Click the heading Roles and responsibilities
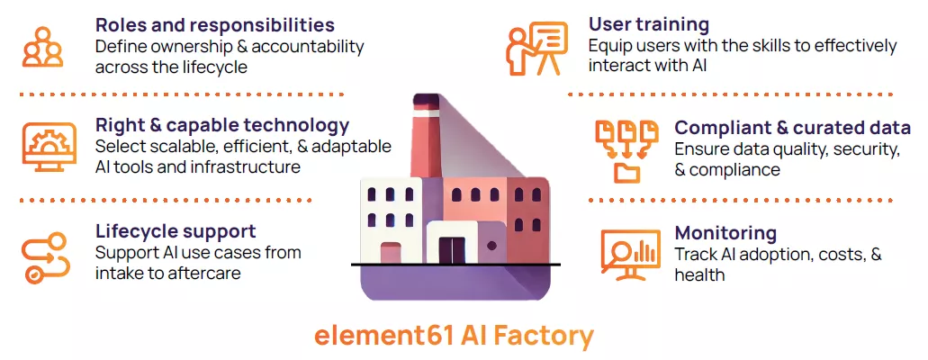click(214, 25)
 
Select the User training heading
click(648, 24)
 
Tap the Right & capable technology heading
click(222, 125)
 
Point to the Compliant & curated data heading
click(792, 128)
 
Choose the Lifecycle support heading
click(176, 231)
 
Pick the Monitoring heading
click(725, 233)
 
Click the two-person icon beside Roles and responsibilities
click(43, 46)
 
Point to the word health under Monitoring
click(699, 274)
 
